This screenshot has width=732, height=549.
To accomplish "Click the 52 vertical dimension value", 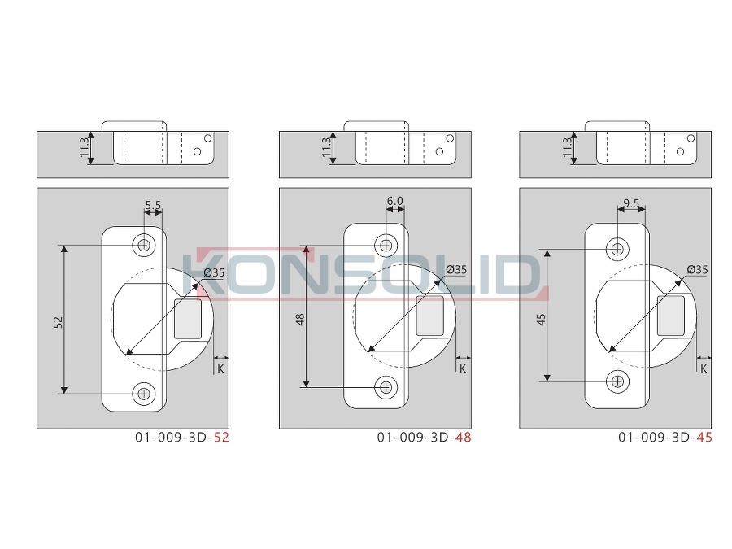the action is (59, 322).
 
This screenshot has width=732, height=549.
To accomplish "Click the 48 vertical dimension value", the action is (300, 320).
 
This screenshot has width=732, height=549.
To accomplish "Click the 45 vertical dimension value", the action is (541, 320).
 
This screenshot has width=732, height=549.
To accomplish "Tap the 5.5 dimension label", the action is (153, 205).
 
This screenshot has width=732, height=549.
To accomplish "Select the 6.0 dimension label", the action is (395, 201).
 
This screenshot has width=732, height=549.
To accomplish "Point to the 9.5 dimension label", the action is (631, 203).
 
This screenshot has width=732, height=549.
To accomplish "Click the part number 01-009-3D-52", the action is (182, 438).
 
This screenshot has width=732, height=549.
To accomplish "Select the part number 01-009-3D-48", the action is (424, 438).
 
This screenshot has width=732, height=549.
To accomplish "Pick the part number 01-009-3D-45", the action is (665, 438).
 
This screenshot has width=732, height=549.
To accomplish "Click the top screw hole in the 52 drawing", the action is (144, 245).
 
